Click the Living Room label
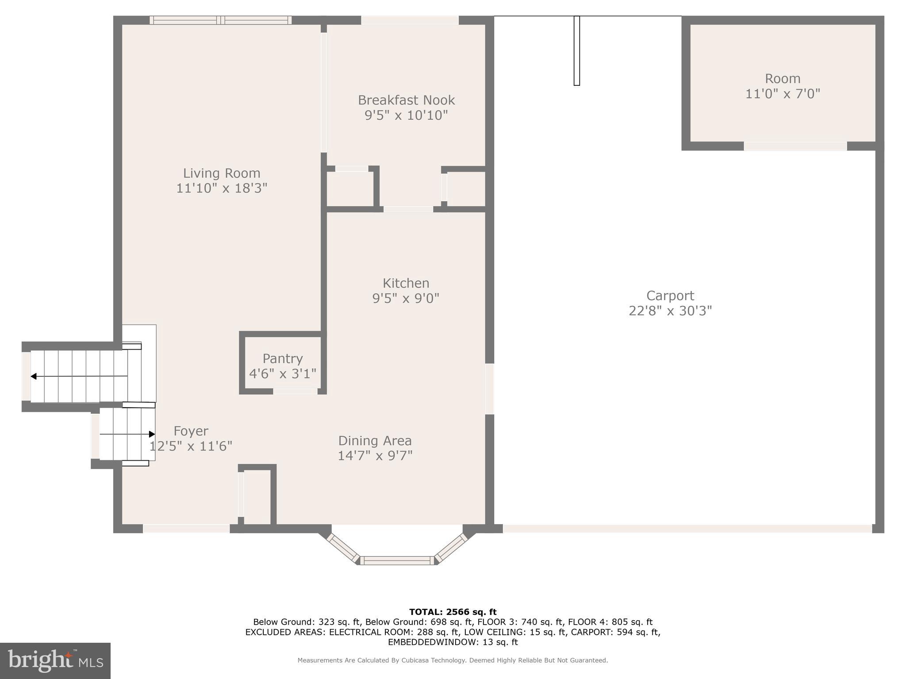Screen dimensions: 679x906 [x=222, y=173]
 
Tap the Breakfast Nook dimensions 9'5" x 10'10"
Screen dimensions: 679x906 [x=406, y=115]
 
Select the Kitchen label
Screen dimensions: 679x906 [x=406, y=283]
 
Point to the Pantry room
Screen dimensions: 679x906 [x=283, y=365]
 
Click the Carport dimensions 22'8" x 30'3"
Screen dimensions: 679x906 [x=670, y=311]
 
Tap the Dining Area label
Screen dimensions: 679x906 [x=375, y=441]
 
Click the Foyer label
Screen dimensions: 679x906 [x=191, y=431]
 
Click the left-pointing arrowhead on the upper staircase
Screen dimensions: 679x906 [x=34, y=376]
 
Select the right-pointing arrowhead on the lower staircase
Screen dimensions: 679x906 [x=152, y=434]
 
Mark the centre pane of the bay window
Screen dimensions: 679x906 [x=397, y=561]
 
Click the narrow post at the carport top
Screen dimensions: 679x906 [x=576, y=50]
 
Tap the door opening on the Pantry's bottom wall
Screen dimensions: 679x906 [x=295, y=391]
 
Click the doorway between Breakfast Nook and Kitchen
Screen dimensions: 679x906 [x=408, y=209]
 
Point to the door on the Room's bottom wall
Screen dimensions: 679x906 [x=795, y=146]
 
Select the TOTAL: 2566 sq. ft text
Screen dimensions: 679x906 [x=453, y=612]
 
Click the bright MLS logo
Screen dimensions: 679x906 [x=55, y=660]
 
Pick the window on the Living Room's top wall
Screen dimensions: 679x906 [x=220, y=20]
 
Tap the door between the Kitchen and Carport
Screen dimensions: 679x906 [x=489, y=389]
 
